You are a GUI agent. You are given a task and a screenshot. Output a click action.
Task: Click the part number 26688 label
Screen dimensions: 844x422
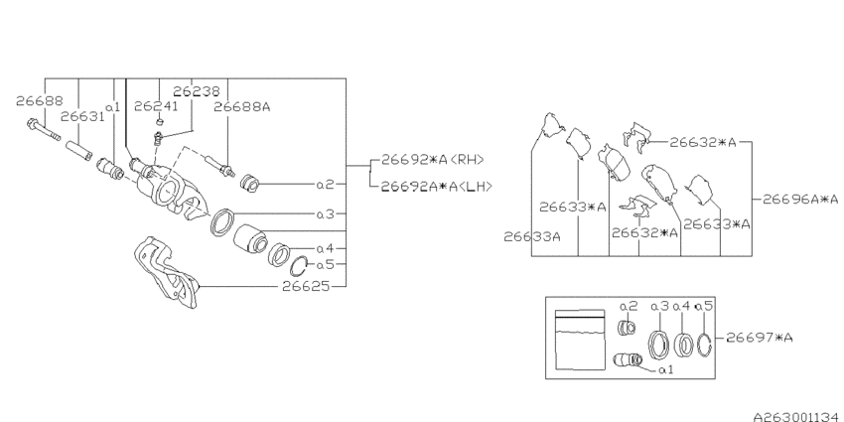click(x=40, y=100)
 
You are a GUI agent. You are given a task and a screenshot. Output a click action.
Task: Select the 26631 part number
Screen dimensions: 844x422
click(x=82, y=116)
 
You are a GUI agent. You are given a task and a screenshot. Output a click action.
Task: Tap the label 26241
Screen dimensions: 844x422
click(x=156, y=106)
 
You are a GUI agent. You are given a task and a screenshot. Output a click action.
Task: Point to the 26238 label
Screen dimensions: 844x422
click(x=197, y=92)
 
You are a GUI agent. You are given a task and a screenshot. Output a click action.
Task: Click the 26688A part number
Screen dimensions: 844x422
click(x=241, y=106)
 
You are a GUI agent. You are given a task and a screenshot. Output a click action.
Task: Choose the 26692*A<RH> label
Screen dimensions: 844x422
click(x=433, y=159)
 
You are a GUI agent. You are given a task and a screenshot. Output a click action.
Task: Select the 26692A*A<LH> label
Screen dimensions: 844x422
click(x=437, y=187)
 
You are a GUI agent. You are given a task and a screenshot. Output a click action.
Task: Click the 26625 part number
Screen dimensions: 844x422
click(x=306, y=286)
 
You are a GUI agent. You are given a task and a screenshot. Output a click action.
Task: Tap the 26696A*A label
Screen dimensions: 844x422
click(x=800, y=200)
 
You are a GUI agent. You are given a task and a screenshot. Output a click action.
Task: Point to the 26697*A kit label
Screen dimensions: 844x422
click(x=760, y=338)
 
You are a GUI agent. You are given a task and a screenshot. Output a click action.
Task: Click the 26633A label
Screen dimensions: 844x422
click(x=532, y=236)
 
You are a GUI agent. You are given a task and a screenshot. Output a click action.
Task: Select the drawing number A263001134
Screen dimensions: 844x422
click(x=798, y=416)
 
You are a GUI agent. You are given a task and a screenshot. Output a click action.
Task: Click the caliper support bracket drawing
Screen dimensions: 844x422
click(x=166, y=272)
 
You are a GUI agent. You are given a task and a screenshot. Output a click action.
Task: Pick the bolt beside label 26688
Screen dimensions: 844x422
click(x=43, y=130)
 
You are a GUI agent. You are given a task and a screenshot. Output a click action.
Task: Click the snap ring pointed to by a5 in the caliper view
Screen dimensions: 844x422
click(x=299, y=266)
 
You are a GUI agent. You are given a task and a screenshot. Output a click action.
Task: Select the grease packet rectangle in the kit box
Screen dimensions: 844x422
click(x=580, y=340)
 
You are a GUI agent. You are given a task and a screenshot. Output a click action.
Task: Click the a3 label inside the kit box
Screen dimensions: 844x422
click(x=659, y=306)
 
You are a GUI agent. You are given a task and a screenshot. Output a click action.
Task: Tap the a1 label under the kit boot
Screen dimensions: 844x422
click(x=666, y=369)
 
